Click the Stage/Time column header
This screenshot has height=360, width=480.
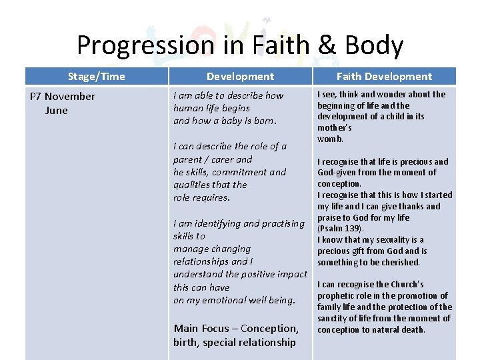[x=96, y=76]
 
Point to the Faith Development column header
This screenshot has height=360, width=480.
[x=384, y=76]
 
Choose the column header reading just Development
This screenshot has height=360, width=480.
[x=240, y=76]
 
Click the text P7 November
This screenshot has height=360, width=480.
[x=63, y=97]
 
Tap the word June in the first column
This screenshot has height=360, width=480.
[x=56, y=111]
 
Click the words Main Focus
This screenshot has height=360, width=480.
[x=199, y=329]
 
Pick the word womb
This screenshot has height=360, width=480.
[x=330, y=139]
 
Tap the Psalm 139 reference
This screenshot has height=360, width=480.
[x=339, y=229]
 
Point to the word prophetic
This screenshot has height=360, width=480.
[x=339, y=296]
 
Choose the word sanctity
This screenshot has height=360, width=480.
[x=334, y=319]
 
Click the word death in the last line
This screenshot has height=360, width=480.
[x=412, y=330]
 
